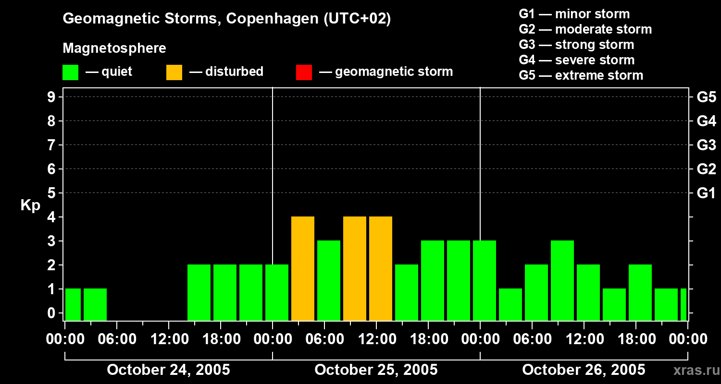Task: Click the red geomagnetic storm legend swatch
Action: pos(304,72)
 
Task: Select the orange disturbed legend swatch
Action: pos(174,72)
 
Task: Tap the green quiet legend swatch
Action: pos(71,72)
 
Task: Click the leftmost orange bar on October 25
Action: pos(303,269)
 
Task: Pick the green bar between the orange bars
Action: pos(329,281)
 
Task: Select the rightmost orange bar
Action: pos(381,269)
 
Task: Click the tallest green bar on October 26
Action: pos(562,281)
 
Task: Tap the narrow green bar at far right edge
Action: pos(684,305)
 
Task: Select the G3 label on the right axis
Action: pos(706,145)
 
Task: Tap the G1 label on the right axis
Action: pos(706,193)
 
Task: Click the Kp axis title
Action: pos(30,205)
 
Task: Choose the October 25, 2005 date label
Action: pos(376,370)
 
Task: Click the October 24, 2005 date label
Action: pos(168,370)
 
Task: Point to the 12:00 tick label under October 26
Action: pos(584,339)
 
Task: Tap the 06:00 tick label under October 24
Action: pos(117,339)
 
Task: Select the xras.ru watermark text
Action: pos(693,371)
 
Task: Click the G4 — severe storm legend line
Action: pos(576,60)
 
